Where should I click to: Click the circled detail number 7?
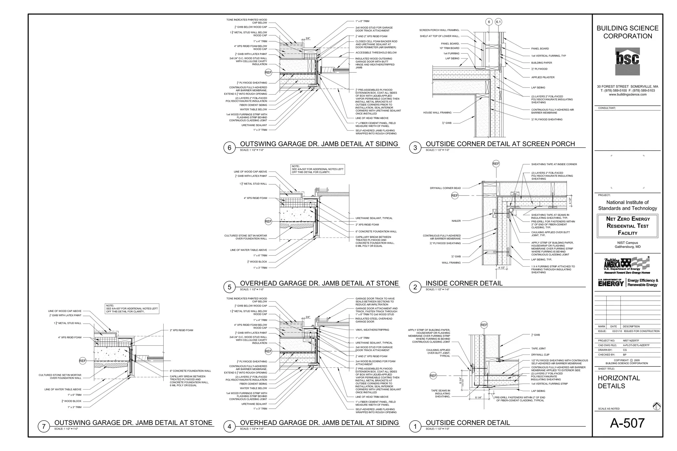click(x=44, y=426)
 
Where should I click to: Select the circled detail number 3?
click(x=415, y=148)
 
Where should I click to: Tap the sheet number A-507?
click(x=627, y=423)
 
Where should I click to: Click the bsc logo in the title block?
click(x=627, y=61)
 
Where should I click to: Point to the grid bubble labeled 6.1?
click(x=498, y=22)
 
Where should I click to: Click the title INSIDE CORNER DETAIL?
click(x=464, y=283)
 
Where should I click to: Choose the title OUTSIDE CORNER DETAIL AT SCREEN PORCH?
click(x=500, y=144)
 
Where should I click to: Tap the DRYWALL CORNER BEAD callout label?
click(x=445, y=188)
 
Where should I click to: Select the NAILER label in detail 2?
click(x=456, y=221)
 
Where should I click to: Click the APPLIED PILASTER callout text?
click(x=543, y=77)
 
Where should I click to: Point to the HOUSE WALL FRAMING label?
click(x=437, y=113)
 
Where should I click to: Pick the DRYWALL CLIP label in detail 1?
click(x=540, y=355)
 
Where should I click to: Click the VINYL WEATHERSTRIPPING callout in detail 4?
click(x=372, y=330)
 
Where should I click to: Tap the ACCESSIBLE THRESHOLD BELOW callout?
click(x=376, y=53)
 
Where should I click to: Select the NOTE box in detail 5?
click(x=317, y=169)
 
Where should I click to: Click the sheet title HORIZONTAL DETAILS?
click(x=618, y=382)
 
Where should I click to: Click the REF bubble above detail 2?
click(x=496, y=164)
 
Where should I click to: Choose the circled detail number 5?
click(x=229, y=287)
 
